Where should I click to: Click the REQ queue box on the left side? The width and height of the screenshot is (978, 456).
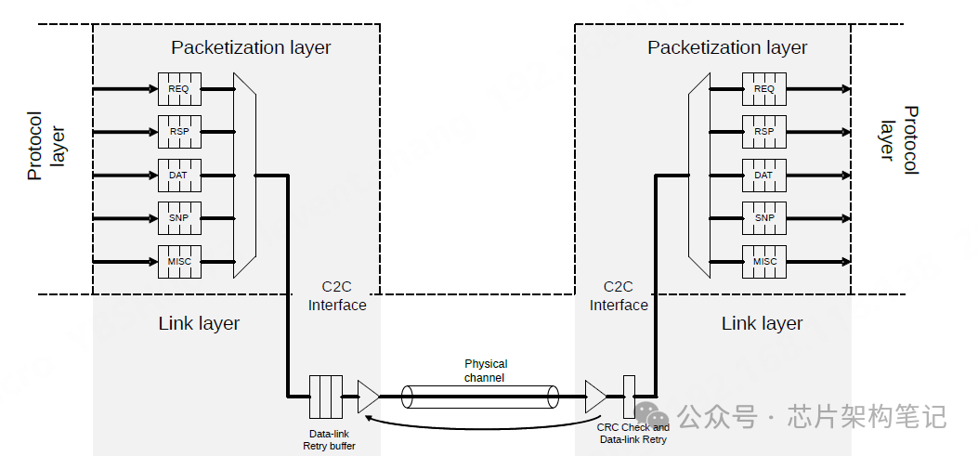[179, 89]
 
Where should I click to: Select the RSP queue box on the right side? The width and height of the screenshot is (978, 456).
[764, 132]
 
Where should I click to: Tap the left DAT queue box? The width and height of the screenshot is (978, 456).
[179, 176]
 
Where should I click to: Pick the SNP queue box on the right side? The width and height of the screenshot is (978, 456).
[764, 218]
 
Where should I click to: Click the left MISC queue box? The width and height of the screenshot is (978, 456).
[179, 261]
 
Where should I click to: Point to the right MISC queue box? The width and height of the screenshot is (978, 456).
[764, 261]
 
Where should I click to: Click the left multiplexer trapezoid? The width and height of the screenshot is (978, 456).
[244, 176]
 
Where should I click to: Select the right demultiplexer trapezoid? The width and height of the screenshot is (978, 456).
[699, 176]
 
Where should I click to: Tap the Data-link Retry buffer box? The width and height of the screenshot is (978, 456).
[326, 397]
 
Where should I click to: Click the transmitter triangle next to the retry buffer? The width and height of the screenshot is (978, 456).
[368, 397]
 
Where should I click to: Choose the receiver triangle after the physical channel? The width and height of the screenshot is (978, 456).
[595, 397]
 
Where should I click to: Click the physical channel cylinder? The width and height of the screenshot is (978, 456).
[479, 397]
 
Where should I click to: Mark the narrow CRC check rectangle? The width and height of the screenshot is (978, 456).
[630, 397]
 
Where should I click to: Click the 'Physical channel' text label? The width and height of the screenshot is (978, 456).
[485, 371]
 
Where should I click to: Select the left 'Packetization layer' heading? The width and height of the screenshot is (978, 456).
[251, 47]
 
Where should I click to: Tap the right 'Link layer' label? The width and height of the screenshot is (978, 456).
[763, 323]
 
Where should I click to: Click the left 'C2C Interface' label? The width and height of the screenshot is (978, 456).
[337, 295]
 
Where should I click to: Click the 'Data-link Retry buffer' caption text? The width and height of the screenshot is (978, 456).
[330, 440]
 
